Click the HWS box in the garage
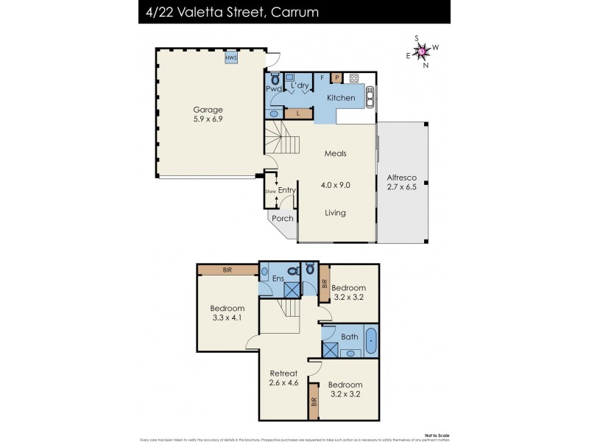coord(230,57)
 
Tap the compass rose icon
coord(422,51)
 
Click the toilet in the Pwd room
coord(275,79)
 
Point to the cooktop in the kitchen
coord(353,77)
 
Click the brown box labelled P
coord(336,77)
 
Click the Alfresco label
coord(402,178)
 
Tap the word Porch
coord(283,218)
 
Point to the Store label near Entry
coord(269,192)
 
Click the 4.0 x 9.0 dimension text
coord(335,186)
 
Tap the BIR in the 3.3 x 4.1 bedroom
coord(228,270)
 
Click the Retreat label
coord(283,373)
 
